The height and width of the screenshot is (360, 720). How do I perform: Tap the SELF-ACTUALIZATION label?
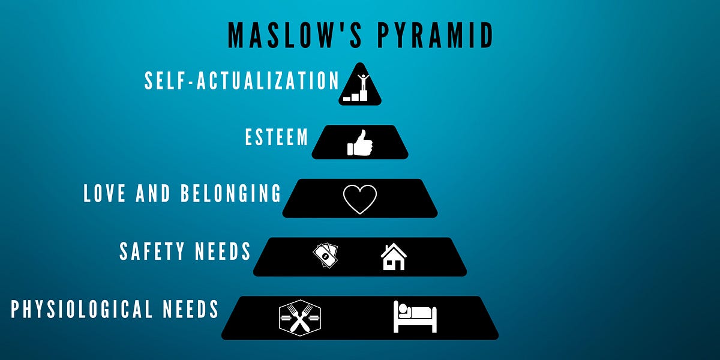tap(242, 81)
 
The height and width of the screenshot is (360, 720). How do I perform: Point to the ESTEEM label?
tap(277, 137)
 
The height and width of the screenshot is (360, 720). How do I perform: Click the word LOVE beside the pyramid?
tap(108, 194)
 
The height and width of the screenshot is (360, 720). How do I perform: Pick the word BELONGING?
tap(230, 194)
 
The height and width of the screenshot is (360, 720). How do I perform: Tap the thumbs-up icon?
tap(360, 143)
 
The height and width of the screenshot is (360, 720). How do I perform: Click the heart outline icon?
tap(360, 199)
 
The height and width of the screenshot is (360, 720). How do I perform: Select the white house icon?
tap(394, 256)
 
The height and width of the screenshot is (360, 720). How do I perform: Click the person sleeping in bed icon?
tap(415, 316)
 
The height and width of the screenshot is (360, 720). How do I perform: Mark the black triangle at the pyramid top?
tap(360, 90)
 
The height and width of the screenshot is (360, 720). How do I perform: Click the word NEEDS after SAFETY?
tap(225, 251)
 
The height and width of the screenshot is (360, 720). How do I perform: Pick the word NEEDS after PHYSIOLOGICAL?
tap(191, 310)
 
